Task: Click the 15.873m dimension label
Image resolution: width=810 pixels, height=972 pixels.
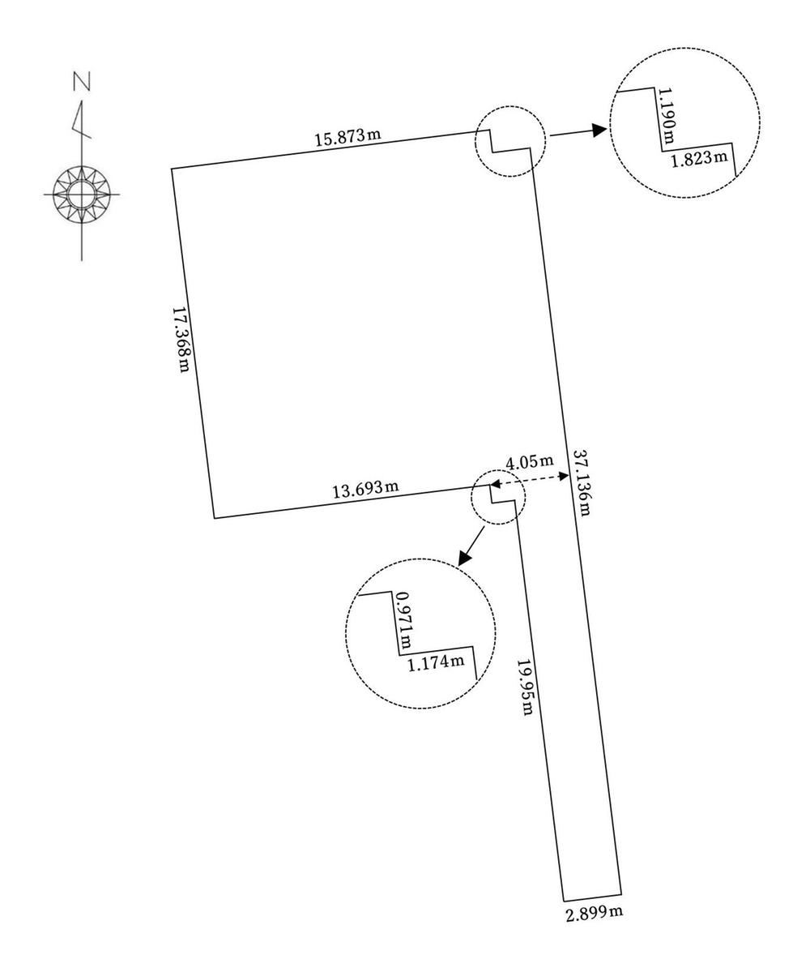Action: [x=347, y=137]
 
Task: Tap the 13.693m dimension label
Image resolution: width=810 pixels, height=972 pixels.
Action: [x=365, y=489]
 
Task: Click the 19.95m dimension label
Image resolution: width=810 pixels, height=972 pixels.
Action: [x=525, y=686]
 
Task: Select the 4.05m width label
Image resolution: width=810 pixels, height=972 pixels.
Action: [x=530, y=462]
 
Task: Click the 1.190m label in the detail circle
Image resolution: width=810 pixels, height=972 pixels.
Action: [x=667, y=116]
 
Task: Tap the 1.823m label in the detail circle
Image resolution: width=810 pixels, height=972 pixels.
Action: [x=700, y=159]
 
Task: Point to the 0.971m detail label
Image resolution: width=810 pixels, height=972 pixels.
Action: [x=404, y=620]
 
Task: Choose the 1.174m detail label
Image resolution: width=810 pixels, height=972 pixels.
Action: [x=436, y=662]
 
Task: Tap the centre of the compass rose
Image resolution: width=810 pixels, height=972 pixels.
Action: [x=81, y=194]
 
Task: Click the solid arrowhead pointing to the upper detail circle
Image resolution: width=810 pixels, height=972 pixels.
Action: [x=598, y=130]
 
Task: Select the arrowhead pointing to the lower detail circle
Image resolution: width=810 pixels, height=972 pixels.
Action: [x=464, y=557]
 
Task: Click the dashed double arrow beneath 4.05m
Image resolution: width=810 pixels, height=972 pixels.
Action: [x=530, y=479]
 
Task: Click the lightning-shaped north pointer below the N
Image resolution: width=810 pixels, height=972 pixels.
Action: [x=80, y=122]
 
